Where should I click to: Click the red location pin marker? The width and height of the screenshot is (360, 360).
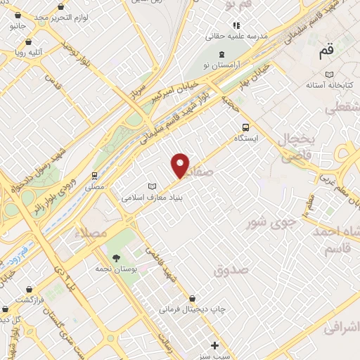click(181, 165)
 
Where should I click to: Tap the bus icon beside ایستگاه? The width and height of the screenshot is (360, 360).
click(245, 127)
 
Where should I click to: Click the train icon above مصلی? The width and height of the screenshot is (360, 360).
click(94, 176)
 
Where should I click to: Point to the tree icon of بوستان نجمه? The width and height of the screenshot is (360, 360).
click(116, 257)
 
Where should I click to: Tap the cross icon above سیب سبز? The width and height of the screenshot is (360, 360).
click(214, 345)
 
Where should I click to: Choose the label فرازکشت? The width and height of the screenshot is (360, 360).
click(32, 299)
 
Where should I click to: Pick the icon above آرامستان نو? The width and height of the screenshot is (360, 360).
click(222, 54)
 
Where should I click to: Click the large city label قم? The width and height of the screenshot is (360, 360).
click(326, 51)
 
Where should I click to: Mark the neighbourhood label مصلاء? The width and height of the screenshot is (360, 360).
click(92, 233)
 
